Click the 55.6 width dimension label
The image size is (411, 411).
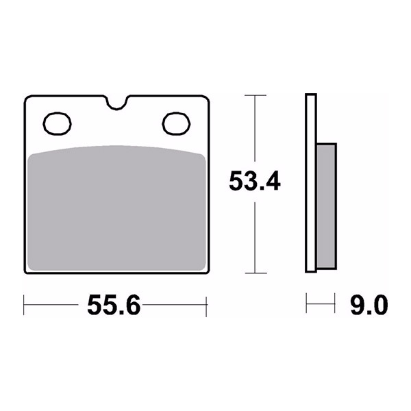114,305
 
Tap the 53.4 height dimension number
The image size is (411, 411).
255,181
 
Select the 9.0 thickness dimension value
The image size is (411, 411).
369,305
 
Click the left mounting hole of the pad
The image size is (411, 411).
57,124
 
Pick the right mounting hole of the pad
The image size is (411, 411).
176,124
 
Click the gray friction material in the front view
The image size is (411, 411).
116,208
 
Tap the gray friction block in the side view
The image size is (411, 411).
326,206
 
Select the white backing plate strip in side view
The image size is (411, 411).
311,183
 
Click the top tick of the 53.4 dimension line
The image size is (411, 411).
256,95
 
